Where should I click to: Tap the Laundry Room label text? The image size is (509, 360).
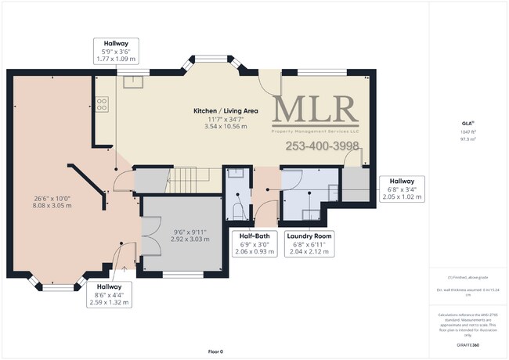tap(309, 236)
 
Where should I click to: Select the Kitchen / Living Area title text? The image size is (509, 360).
tap(226, 111)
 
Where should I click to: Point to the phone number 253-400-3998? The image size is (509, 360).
tap(322, 146)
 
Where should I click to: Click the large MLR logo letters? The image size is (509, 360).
tap(316, 110)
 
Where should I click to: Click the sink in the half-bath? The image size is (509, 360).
tap(236, 176)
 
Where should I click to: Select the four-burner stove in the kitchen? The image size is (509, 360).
tap(102, 103)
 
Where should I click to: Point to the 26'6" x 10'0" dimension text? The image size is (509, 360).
tap(50, 198)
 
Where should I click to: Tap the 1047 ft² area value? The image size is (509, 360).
tap(468, 132)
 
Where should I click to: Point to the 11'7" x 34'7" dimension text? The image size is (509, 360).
tap(226, 119)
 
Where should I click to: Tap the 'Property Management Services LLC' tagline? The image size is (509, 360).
tap(316, 131)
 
